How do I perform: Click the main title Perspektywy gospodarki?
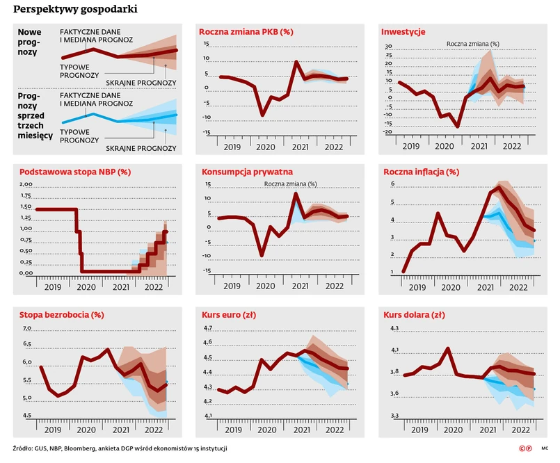75,10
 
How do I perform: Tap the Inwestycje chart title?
403,32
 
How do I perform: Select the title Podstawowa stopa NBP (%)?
76,172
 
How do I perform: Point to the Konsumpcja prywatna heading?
247,172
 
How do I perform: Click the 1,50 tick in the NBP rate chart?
25,206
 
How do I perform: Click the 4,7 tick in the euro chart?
207,327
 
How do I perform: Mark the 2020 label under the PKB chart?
265,147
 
